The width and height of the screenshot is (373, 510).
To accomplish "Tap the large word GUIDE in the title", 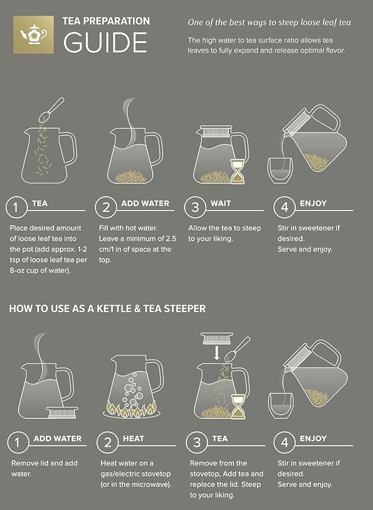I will (105, 42).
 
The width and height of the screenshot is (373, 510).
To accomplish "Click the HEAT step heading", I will (134, 439).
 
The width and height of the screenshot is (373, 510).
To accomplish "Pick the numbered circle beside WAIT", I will (195, 207).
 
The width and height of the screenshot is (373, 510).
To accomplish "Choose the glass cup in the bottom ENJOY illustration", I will (280, 404).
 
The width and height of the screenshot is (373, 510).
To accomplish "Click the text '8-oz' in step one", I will (23, 270).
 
